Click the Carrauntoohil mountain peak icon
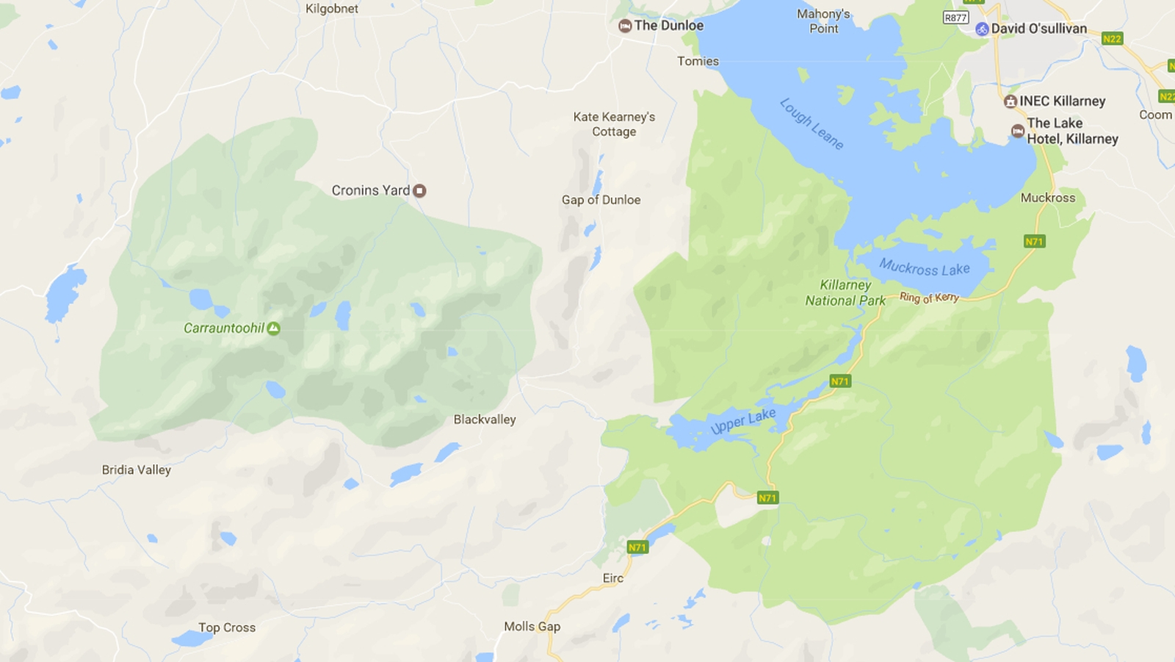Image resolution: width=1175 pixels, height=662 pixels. pyautogui.click(x=273, y=328)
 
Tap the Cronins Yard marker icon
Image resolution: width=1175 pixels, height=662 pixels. pyautogui.click(x=419, y=191)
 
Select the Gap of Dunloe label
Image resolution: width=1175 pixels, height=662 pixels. pyautogui.click(x=601, y=200)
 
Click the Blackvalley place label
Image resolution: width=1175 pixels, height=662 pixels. pyautogui.click(x=484, y=420)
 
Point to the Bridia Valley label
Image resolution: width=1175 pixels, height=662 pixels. pyautogui.click(x=136, y=470)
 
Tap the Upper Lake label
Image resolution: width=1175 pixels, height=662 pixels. pyautogui.click(x=743, y=421)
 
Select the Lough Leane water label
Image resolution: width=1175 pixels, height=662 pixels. pyautogui.click(x=811, y=123)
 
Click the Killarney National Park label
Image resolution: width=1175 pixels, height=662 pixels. pyautogui.click(x=845, y=292)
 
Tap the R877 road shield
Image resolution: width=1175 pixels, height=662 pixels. pyautogui.click(x=955, y=18)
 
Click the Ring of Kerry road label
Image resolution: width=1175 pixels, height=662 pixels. pyautogui.click(x=929, y=298)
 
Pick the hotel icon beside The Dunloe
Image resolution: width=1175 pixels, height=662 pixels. pyautogui.click(x=625, y=26)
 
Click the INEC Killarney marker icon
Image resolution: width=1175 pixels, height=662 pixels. pyautogui.click(x=1010, y=101)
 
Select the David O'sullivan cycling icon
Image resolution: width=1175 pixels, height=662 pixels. pyautogui.click(x=982, y=29)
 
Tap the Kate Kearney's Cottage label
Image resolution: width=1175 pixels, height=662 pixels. pyautogui.click(x=614, y=124)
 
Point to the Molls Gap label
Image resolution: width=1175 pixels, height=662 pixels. pyautogui.click(x=532, y=627)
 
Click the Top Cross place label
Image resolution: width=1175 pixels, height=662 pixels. pyautogui.click(x=226, y=628)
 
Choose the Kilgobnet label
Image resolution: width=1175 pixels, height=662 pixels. pyautogui.click(x=332, y=9)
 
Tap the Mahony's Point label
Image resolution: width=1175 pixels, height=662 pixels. pyautogui.click(x=823, y=21)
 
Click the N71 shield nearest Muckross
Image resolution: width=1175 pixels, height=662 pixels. pyautogui.click(x=1034, y=242)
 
